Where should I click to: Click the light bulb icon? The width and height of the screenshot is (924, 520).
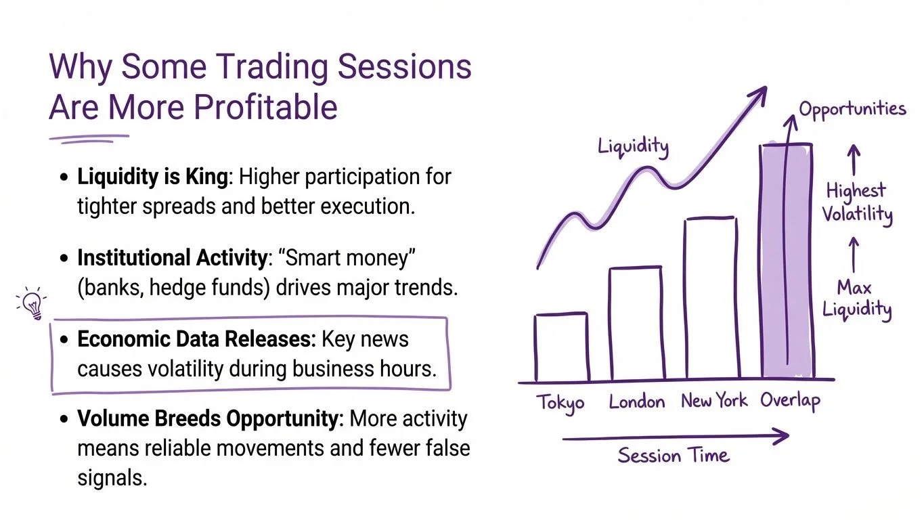pyautogui.click(x=32, y=304)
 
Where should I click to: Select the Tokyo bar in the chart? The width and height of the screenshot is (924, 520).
pyautogui.click(x=562, y=347)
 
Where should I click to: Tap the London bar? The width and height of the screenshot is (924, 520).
pyautogui.click(x=637, y=324)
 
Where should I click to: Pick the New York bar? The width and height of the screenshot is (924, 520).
pyautogui.click(x=712, y=297)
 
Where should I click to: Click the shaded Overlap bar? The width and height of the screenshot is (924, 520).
pyautogui.click(x=787, y=261)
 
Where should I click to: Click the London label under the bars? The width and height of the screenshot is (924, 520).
pyautogui.click(x=637, y=402)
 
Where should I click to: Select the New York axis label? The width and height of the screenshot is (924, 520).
pyautogui.click(x=714, y=400)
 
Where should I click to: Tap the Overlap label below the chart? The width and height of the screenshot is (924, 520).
pyautogui.click(x=791, y=401)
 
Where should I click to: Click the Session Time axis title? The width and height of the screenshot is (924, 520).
pyautogui.click(x=674, y=456)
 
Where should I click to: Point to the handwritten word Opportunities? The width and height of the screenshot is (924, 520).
pyautogui.click(x=853, y=110)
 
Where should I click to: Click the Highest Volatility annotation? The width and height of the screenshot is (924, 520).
pyautogui.click(x=857, y=203)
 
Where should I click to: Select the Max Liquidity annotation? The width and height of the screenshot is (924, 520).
pyautogui.click(x=857, y=299)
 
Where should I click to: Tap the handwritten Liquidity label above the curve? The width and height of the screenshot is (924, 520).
pyautogui.click(x=633, y=147)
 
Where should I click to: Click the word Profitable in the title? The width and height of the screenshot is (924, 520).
pyautogui.click(x=265, y=107)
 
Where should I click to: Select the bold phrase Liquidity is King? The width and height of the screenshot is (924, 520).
pyautogui.click(x=152, y=177)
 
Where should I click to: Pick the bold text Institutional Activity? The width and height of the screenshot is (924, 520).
pyautogui.click(x=173, y=258)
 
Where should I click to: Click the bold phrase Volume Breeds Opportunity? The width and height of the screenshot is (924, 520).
pyautogui.click(x=208, y=419)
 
